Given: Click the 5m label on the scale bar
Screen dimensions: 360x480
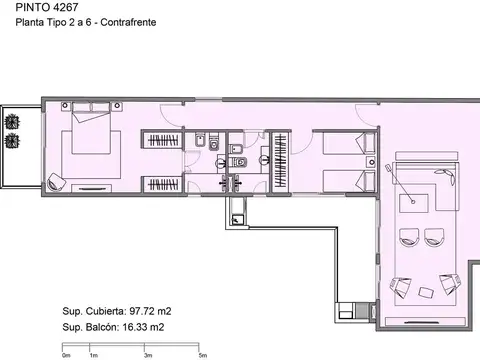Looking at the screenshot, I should [x=202, y=354].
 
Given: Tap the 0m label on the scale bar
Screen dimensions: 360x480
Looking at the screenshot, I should [x=66, y=354].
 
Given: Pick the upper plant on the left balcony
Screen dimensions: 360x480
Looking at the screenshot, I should [x=13, y=121].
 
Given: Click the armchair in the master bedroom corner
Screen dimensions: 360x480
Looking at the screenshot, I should [x=57, y=182].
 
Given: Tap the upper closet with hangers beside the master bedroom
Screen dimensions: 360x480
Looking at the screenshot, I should [x=161, y=139].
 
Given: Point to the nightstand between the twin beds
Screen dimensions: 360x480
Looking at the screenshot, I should [x=364, y=162].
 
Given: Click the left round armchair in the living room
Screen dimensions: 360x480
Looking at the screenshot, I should [x=408, y=238].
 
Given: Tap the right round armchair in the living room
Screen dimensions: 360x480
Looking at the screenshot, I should [x=435, y=238].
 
